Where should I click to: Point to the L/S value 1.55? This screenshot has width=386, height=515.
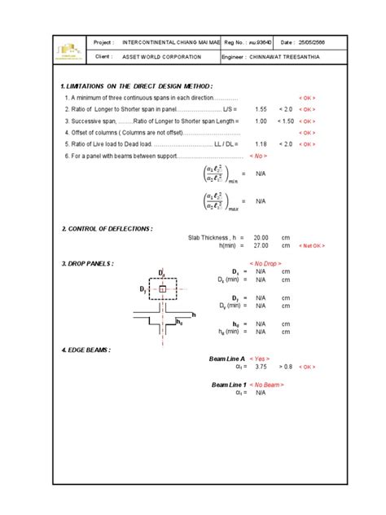(261, 108)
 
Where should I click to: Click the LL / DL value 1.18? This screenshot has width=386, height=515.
(261, 143)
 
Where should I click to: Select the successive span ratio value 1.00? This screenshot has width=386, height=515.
(261, 120)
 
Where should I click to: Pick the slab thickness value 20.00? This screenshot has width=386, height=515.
(261, 237)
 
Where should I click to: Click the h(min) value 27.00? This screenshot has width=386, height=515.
(261, 244)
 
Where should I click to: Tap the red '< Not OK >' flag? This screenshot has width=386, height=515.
(311, 245)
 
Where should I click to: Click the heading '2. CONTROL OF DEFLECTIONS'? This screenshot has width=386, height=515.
(107, 230)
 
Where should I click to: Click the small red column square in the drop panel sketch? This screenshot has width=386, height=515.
(162, 288)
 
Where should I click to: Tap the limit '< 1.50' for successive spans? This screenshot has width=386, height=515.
(284, 120)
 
